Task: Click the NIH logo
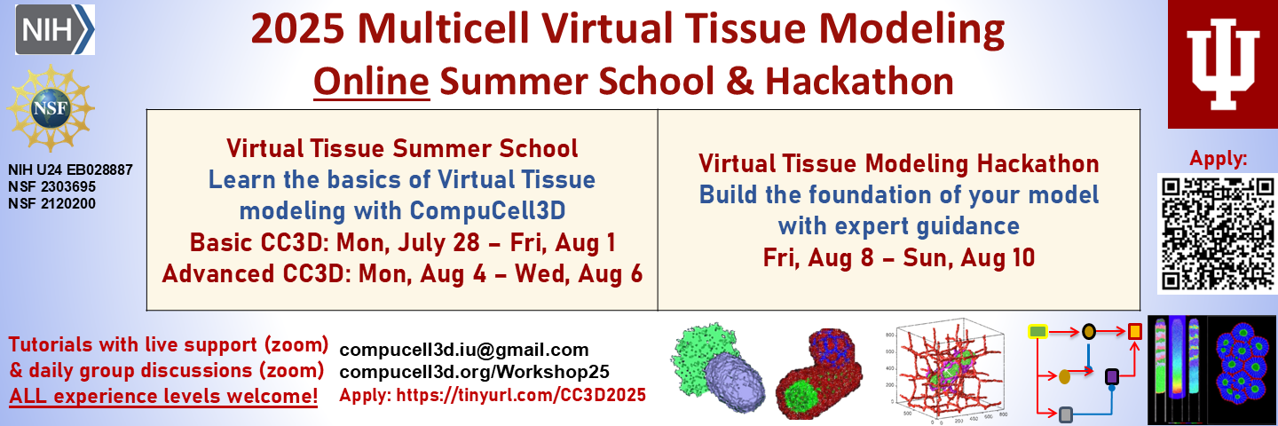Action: click(x=55, y=29)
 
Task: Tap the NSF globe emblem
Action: click(x=51, y=107)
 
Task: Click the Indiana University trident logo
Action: click(x=1223, y=64)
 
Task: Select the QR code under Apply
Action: click(x=1218, y=233)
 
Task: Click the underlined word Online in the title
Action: click(x=371, y=81)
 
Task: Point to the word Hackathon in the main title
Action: click(x=859, y=81)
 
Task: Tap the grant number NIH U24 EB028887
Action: click(x=70, y=170)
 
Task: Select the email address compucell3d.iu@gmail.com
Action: click(x=464, y=350)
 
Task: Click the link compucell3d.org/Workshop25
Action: click(x=474, y=372)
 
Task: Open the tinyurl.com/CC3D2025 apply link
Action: click(x=521, y=395)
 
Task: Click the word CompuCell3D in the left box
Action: click(x=488, y=211)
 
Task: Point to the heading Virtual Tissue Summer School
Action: click(x=402, y=148)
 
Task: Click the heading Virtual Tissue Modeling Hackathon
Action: click(x=898, y=163)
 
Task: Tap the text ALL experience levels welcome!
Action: click(x=163, y=396)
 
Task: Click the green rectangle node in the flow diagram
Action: click(x=1037, y=331)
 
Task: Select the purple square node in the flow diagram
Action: click(x=1111, y=376)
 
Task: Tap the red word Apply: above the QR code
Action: click(x=1219, y=159)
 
